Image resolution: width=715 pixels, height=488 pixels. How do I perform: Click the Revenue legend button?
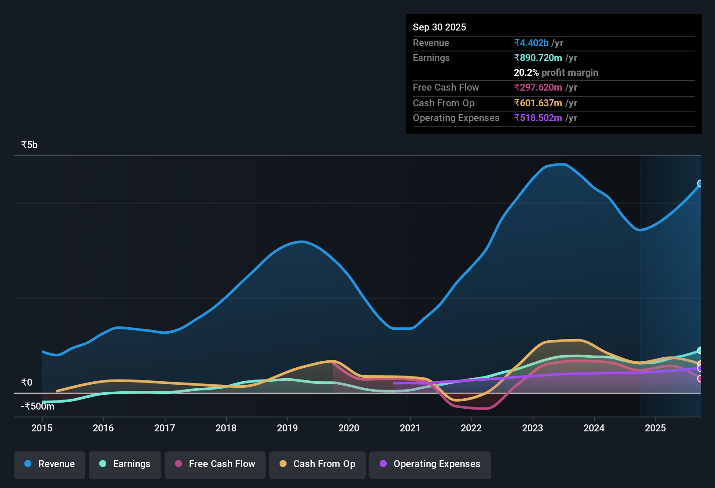50,464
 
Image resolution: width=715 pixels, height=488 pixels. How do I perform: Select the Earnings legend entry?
125,464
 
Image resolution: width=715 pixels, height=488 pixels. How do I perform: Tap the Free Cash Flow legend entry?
215,464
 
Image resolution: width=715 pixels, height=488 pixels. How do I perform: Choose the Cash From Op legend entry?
317,464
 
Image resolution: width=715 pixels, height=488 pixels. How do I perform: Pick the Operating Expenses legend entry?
430,464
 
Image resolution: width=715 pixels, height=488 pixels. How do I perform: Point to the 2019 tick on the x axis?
287,428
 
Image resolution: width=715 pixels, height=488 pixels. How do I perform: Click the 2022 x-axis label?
471,428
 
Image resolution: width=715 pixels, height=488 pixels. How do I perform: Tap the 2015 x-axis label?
42,428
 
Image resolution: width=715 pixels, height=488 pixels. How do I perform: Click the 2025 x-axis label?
655,428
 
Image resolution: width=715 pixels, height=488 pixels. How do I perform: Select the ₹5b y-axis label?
30,145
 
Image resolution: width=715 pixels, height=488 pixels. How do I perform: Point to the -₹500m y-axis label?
38,407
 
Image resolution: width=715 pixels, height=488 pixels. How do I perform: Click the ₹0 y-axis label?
27,383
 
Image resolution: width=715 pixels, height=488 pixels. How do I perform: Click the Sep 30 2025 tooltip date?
439,27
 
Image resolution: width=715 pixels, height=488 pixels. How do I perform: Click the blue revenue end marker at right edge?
700,183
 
